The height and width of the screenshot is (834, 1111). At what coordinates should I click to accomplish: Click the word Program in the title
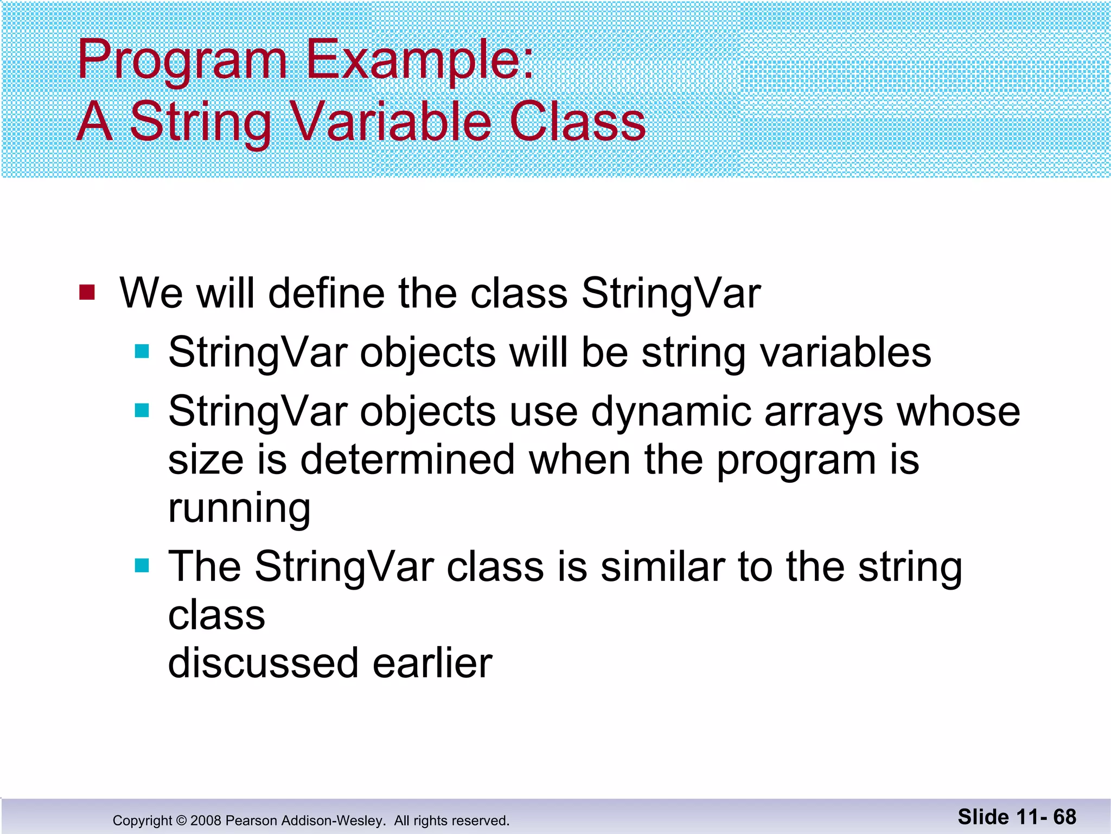pos(182,61)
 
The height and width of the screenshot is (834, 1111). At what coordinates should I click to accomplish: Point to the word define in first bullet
pos(327,293)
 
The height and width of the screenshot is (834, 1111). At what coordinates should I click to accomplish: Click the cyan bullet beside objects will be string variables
pos(142,351)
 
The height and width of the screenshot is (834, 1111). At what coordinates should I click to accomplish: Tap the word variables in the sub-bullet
pos(845,353)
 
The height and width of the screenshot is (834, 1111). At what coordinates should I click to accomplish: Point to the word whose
pos(959,411)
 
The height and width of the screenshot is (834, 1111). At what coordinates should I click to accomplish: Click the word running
pos(239,509)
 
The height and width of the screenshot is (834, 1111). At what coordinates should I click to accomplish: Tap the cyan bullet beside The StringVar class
pos(142,566)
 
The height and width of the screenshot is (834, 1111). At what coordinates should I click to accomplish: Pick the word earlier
pos(432,663)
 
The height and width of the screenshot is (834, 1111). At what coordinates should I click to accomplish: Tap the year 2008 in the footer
pos(206,820)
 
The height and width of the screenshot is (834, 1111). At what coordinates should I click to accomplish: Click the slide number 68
pos(1064,817)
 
